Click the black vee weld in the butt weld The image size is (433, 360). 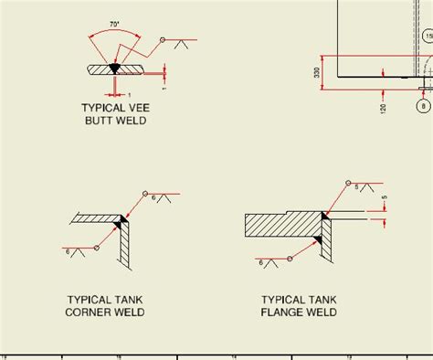[114, 68]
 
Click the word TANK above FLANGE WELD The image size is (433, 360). [321, 300]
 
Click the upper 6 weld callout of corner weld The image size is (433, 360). [154, 197]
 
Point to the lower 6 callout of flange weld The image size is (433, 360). [263, 261]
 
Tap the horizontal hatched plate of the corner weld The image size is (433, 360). [95, 219]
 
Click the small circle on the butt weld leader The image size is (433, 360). [161, 41]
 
